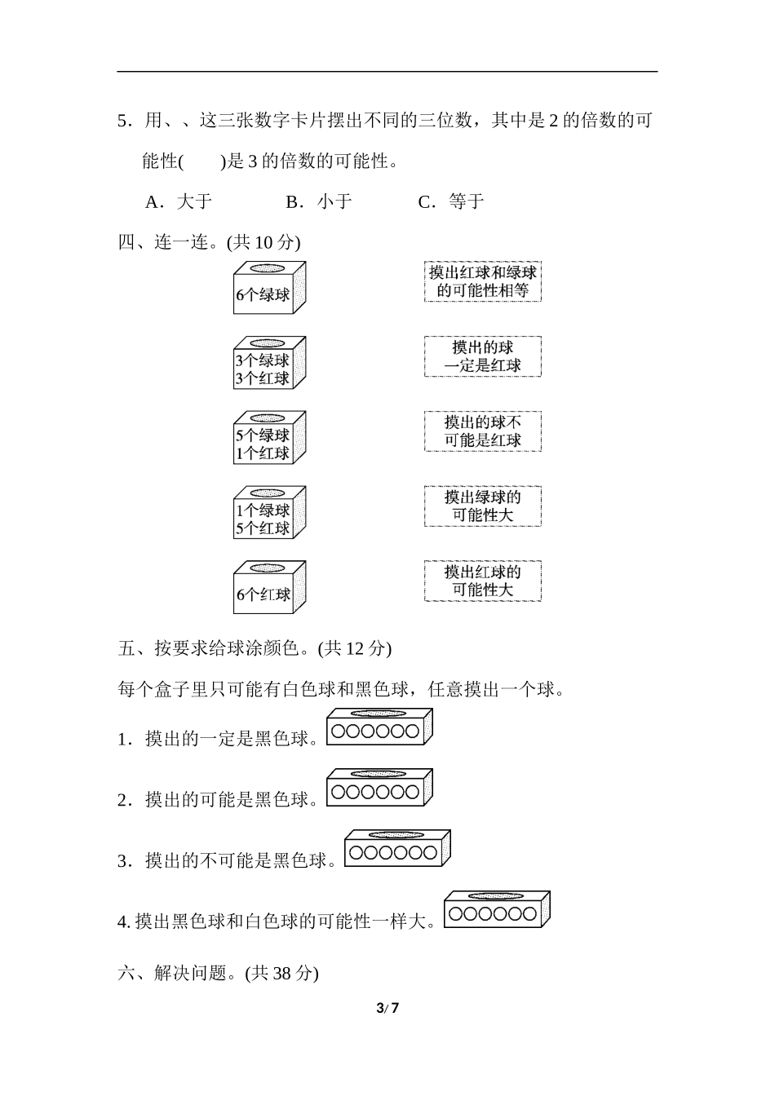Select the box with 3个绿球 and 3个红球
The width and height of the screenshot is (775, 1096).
point(268,363)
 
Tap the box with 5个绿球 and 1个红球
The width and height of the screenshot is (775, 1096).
point(268,438)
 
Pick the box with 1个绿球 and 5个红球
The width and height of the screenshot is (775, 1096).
point(268,513)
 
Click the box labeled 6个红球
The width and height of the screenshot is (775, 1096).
point(268,588)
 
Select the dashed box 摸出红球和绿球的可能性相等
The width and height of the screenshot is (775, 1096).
point(482,281)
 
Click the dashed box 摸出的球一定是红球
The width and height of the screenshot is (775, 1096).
point(482,356)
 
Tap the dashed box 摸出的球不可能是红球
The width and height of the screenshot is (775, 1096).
point(482,431)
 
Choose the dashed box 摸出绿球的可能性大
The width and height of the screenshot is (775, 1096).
point(482,506)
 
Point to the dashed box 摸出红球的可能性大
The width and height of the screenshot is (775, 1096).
point(482,581)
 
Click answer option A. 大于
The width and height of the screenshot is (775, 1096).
point(179,201)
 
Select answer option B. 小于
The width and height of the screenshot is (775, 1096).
point(319,201)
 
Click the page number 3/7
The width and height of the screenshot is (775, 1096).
point(387,1008)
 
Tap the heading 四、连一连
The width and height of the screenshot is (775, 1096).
point(209,242)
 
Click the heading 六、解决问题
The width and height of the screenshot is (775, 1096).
point(218,973)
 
